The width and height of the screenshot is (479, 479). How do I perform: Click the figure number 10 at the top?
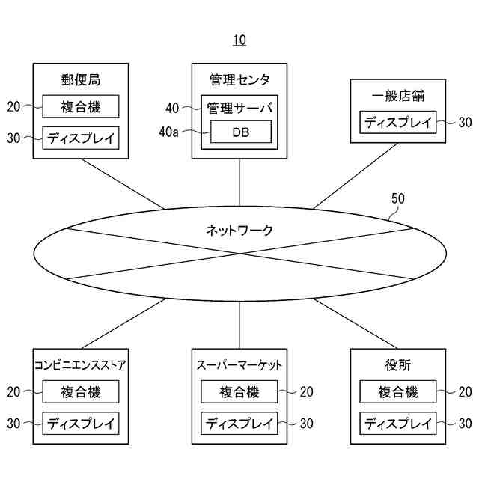(x=239, y=40)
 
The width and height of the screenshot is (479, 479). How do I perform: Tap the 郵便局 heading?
(x=81, y=79)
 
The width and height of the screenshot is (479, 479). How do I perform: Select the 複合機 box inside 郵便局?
(x=81, y=107)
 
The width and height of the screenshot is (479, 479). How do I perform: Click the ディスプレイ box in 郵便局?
(x=81, y=138)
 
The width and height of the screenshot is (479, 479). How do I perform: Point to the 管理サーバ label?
(x=239, y=108)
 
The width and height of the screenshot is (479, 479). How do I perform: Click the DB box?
(x=240, y=132)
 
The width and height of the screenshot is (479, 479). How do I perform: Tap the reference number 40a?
(x=169, y=132)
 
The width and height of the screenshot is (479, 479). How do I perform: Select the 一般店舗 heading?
(x=398, y=96)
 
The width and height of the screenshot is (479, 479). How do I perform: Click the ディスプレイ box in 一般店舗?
(x=398, y=123)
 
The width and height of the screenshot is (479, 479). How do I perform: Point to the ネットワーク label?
(x=239, y=230)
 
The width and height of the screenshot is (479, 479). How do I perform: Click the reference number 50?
(x=398, y=198)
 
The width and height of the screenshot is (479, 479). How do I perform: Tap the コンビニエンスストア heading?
(x=81, y=365)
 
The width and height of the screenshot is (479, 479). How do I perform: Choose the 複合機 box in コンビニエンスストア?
(x=81, y=391)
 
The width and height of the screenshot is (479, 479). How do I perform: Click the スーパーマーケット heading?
(x=239, y=365)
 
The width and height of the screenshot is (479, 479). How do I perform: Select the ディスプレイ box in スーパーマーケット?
(x=239, y=423)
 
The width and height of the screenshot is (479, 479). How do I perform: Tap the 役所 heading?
(x=398, y=365)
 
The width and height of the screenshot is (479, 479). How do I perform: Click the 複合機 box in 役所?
(x=398, y=391)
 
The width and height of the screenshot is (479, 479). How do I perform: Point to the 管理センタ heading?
(x=239, y=79)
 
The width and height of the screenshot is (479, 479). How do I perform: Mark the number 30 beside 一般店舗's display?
(x=465, y=123)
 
